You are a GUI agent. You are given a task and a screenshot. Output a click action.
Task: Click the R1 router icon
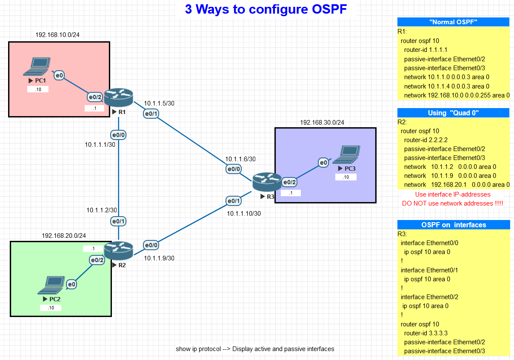118,97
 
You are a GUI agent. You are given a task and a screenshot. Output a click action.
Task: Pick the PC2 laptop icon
51,286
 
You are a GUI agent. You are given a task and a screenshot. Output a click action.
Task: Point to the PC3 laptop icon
346,155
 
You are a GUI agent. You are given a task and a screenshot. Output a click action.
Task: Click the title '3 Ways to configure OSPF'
266,9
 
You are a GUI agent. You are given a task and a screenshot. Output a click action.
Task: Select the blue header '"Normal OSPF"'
453,22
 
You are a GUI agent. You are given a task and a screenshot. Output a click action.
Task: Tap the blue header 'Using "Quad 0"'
453,113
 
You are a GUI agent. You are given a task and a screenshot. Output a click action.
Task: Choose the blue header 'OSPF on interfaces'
453,225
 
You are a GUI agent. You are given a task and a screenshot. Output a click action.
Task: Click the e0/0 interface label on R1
118,135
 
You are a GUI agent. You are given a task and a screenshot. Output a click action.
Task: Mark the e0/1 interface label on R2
118,221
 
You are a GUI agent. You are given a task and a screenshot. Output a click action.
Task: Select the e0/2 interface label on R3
289,182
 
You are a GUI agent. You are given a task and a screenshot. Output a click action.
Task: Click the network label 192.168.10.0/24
57,35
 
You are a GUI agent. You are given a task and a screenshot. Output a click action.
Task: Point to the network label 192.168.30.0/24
322,122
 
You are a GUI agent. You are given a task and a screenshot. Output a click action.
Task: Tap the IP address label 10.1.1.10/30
244,214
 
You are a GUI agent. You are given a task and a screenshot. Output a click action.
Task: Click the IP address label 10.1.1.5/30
159,103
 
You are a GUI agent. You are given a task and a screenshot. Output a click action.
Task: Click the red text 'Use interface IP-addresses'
453,194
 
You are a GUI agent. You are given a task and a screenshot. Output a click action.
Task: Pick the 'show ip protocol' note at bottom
255,349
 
